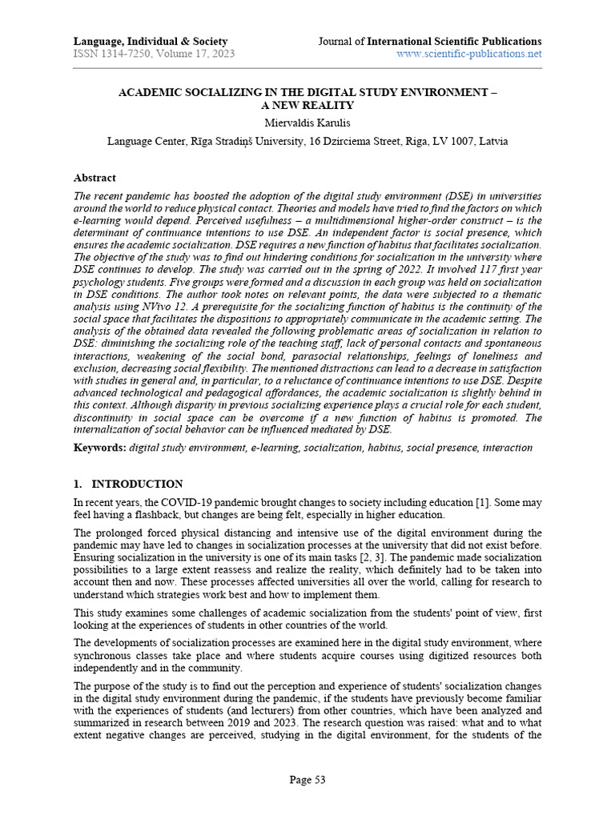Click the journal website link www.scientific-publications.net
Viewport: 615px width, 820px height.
[469, 54]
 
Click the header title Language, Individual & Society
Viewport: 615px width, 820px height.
[151, 41]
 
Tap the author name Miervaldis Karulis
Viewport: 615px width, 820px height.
[307, 123]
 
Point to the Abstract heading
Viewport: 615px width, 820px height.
[94, 178]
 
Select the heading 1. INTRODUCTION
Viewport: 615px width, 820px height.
[128, 484]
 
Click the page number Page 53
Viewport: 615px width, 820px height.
[307, 779]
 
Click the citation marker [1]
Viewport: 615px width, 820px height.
[481, 502]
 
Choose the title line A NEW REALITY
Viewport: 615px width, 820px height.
[307, 105]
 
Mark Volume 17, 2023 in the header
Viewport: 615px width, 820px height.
[193, 54]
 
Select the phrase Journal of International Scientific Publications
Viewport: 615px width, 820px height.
[430, 41]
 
